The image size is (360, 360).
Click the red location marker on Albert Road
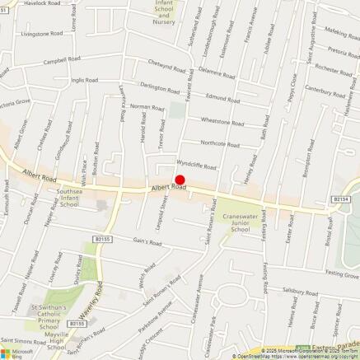pyautogui.click(x=180, y=180)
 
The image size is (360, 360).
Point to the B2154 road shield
pyautogui.click(x=341, y=199)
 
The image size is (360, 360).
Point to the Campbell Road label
pyautogui.click(x=61, y=60)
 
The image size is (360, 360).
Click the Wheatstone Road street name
pyautogui.click(x=222, y=122)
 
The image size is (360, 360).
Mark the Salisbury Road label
pyautogui.click(x=299, y=291)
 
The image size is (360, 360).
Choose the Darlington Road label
pyautogui.click(x=158, y=88)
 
